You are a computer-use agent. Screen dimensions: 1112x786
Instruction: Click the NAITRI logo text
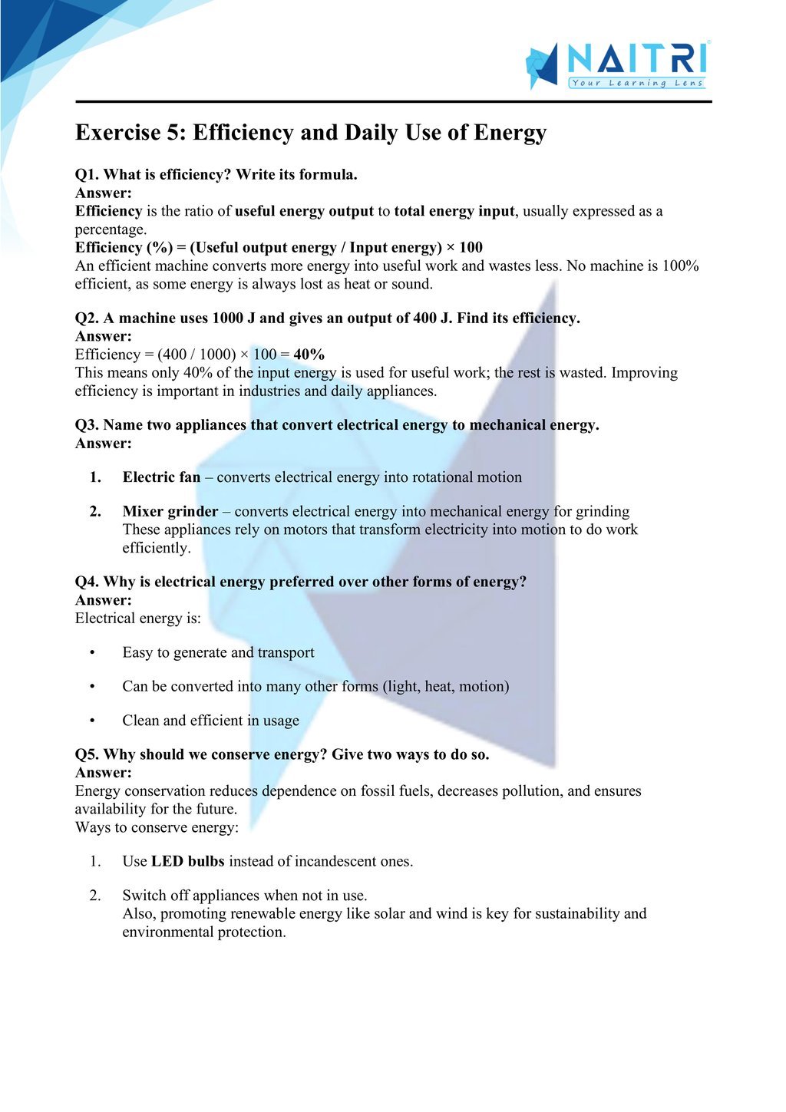point(636,58)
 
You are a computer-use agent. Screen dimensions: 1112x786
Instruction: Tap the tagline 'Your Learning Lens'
point(636,83)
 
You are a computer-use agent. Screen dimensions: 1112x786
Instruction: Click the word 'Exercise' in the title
point(117,133)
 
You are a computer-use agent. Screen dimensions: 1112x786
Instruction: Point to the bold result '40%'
point(309,355)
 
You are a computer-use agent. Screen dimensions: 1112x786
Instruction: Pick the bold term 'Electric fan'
point(161,477)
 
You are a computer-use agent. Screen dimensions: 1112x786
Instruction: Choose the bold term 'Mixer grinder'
point(170,512)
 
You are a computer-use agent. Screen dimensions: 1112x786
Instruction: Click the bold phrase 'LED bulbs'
point(187,862)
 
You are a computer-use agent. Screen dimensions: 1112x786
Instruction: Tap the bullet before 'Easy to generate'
point(92,653)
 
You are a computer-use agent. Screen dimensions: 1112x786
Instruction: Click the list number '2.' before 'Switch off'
point(95,896)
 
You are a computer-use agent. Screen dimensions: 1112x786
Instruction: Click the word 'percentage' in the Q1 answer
point(109,230)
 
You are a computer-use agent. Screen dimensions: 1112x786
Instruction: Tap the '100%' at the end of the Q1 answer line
point(682,266)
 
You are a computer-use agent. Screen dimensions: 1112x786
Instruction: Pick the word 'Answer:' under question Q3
point(104,444)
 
